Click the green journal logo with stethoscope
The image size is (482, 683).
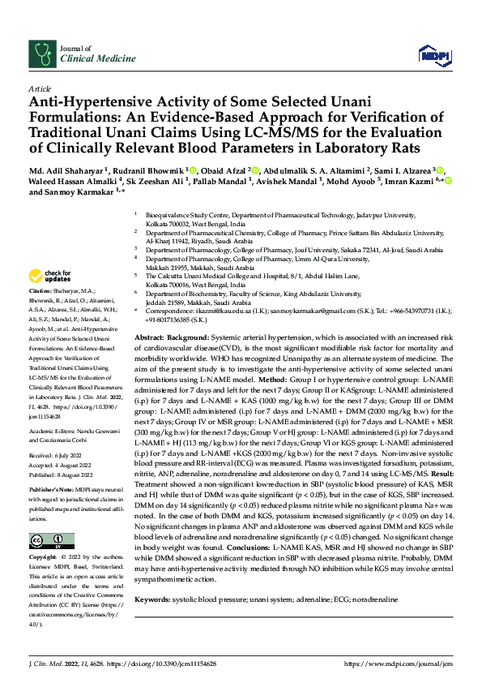pyautogui.click(x=41, y=54)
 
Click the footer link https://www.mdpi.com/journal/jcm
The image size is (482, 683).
pyautogui.click(x=397, y=664)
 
